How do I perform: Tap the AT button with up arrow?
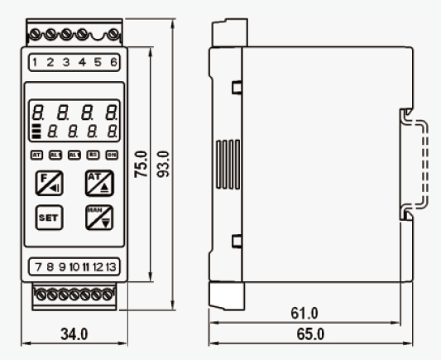coord(98,182)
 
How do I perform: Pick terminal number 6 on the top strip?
coord(113,61)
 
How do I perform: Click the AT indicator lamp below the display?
coord(36,155)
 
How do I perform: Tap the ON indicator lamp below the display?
coord(111,155)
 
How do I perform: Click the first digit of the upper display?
coord(37,110)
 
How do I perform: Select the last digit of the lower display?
coord(110,130)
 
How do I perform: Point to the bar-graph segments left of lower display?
coord(36,131)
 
